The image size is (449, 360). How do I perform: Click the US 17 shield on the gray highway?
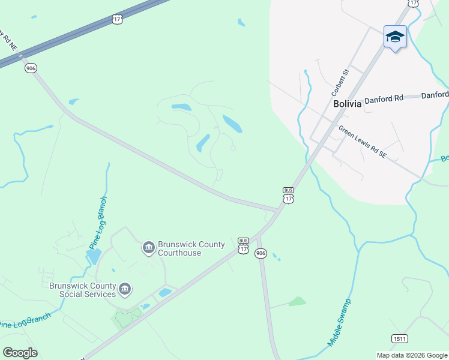117,19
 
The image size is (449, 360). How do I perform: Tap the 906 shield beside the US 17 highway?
31,68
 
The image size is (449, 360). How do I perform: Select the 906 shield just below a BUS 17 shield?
260,253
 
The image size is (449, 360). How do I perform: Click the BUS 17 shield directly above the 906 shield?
243,244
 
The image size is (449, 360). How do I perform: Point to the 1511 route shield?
399,339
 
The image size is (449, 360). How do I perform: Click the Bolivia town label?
348,103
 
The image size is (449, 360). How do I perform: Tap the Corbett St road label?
340,83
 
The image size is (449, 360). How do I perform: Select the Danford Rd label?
384,98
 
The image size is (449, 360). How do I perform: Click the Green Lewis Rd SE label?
362,142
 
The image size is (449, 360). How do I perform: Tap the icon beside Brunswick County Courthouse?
148,247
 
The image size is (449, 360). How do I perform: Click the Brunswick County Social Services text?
88,290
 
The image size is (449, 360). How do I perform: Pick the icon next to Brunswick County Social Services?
125,290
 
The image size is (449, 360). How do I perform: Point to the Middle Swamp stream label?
339,322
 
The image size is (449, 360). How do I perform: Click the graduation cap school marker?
395,37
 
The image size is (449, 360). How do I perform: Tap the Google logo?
20,352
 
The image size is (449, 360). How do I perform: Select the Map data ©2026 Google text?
412,355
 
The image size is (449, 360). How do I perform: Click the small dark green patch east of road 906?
297,301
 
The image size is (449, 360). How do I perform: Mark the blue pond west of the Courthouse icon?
93,257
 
